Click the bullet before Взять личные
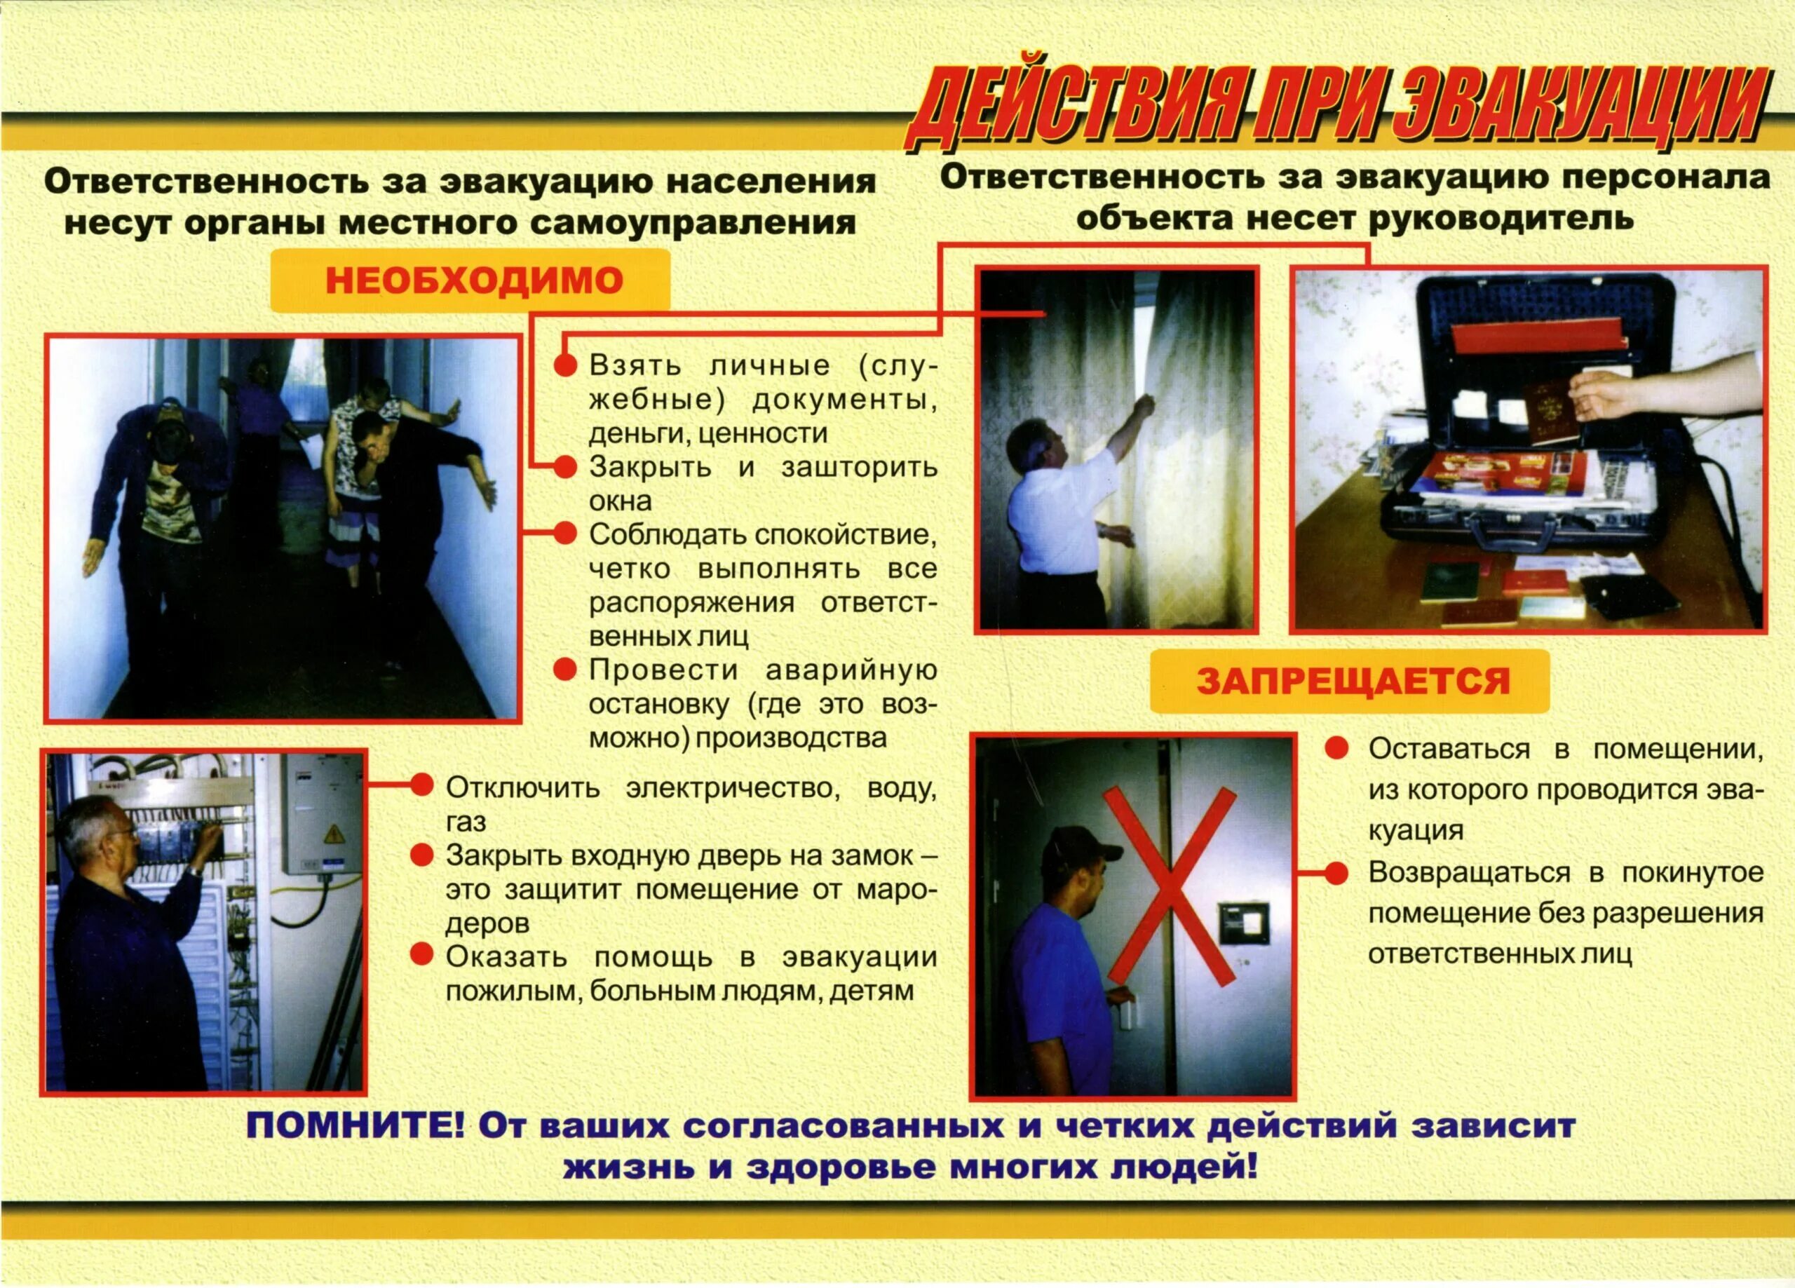564,366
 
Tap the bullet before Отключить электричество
422,786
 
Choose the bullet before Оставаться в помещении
1336,749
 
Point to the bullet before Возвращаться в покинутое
1336,873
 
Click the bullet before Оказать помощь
422,955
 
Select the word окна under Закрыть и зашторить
620,501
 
